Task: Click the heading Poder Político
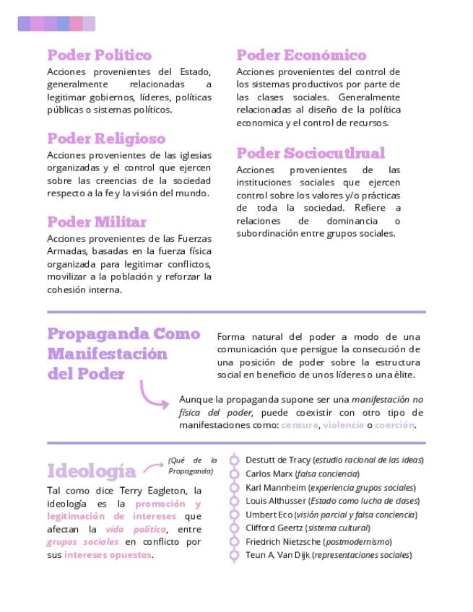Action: point(99,56)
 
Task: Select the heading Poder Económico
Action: point(301,56)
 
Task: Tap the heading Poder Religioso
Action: point(106,139)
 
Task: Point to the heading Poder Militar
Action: point(97,222)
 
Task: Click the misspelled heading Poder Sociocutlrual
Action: point(311,153)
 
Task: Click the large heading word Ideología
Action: point(91,471)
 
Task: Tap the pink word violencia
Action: point(343,425)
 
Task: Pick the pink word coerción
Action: point(394,425)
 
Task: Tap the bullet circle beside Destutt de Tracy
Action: point(234,460)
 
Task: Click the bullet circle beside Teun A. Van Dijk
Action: point(234,556)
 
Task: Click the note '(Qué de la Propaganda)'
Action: point(192,465)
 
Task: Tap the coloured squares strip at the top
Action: point(56,24)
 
